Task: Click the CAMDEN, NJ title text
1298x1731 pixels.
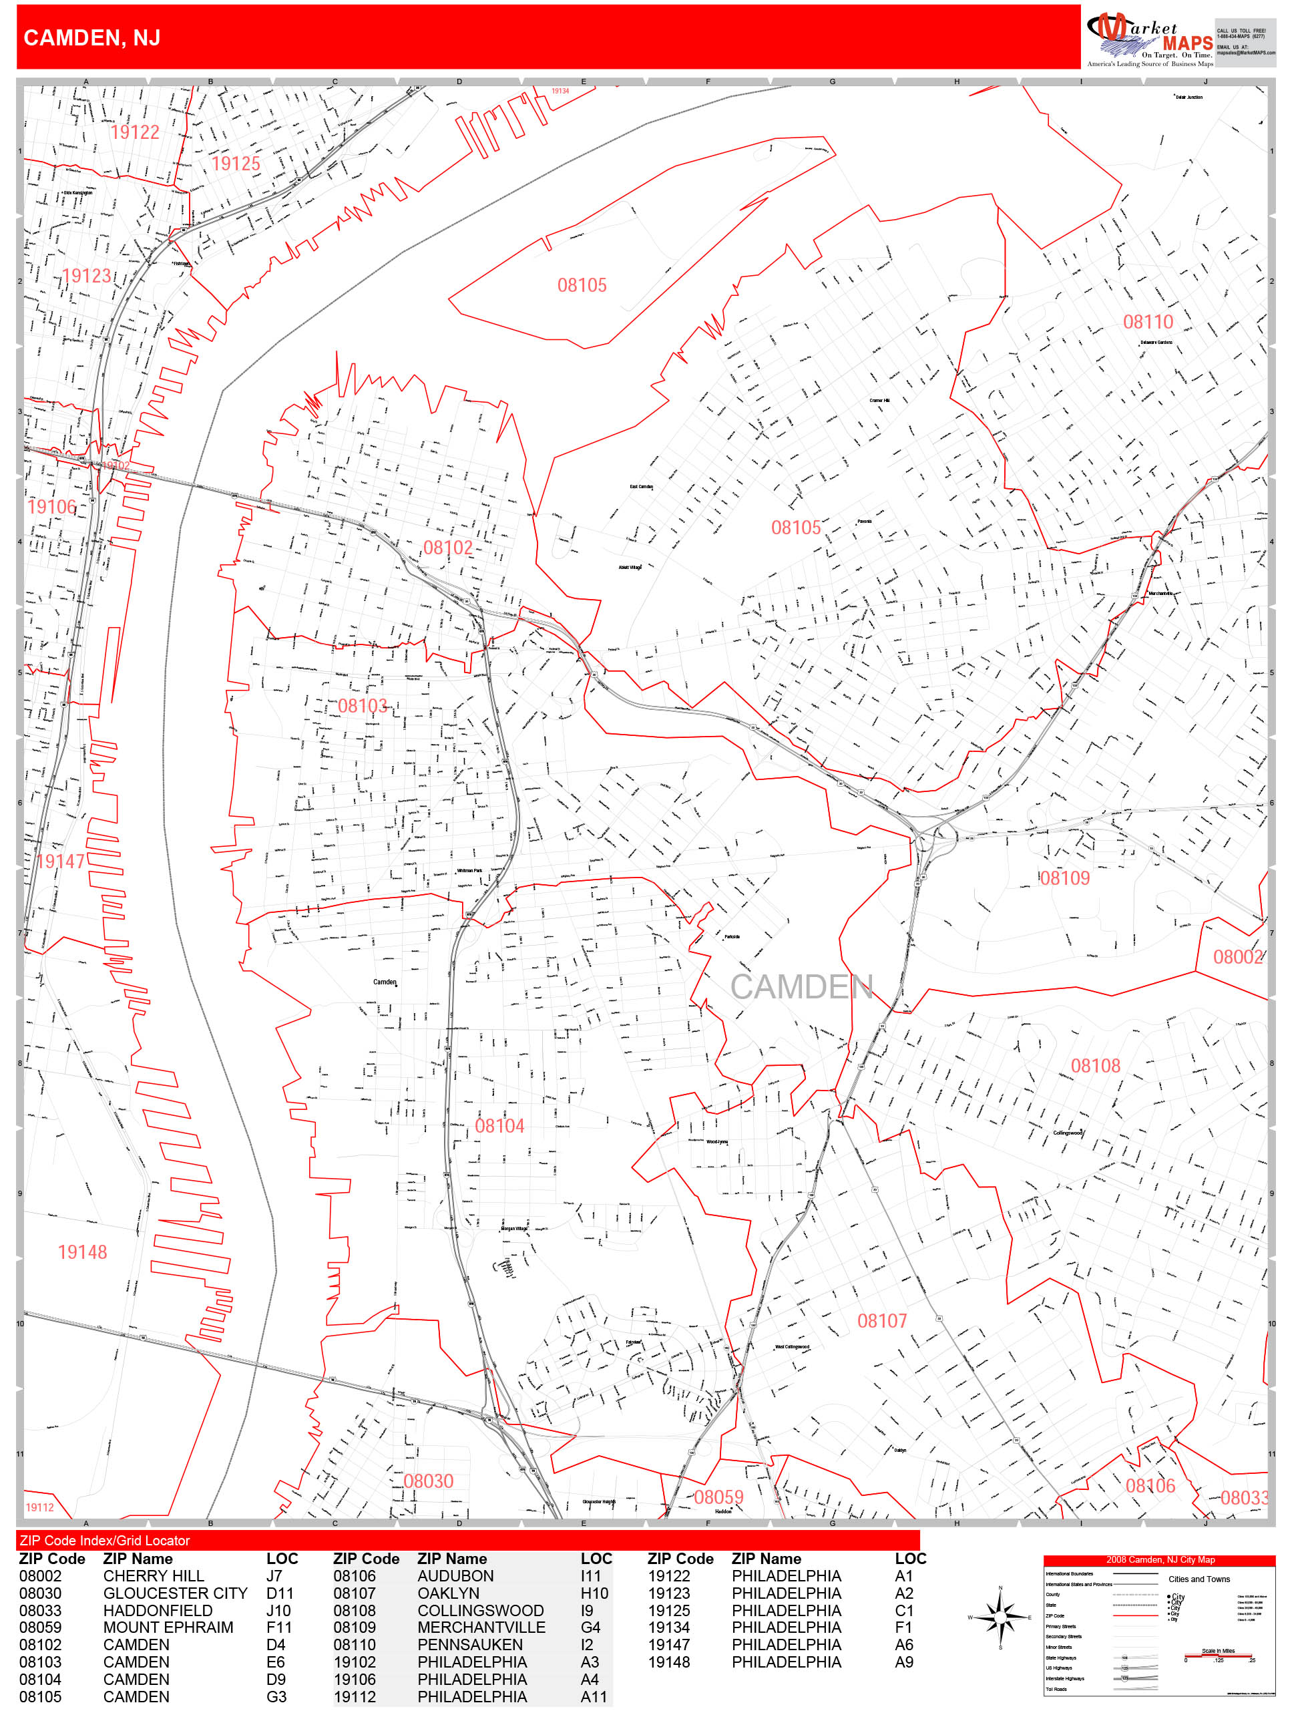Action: click(91, 37)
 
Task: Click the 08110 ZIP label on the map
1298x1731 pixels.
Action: click(1147, 322)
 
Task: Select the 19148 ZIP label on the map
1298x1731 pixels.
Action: click(82, 1252)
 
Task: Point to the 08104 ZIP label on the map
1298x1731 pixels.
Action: click(499, 1126)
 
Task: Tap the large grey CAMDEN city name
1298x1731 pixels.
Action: click(801, 987)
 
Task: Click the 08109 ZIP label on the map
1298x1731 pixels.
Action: click(1064, 878)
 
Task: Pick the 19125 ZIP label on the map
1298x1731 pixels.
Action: click(236, 164)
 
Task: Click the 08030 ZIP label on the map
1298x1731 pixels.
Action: click(428, 1481)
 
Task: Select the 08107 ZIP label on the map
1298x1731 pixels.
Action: click(882, 1321)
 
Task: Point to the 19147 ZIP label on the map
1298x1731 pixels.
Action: click(60, 861)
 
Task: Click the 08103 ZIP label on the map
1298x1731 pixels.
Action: click(363, 706)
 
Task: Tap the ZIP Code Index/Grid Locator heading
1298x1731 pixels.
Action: click(105, 1540)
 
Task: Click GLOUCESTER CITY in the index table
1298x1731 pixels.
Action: click(175, 1593)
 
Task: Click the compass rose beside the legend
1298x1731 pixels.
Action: click(1000, 1617)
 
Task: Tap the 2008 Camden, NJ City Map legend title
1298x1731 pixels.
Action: click(1160, 1559)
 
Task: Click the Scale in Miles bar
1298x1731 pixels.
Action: click(1218, 1656)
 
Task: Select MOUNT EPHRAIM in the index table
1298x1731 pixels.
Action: click(168, 1627)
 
